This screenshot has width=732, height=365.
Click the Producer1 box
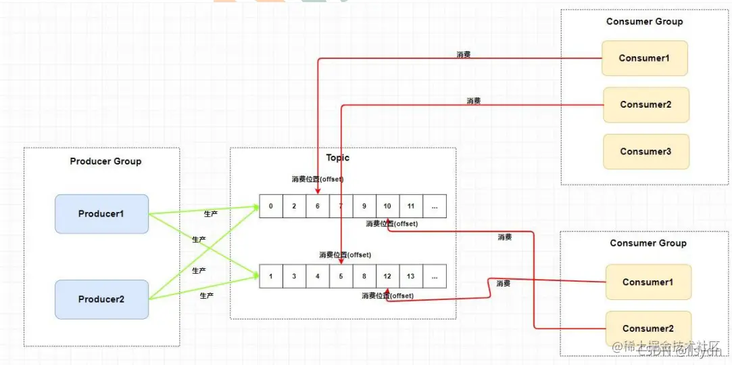click(101, 214)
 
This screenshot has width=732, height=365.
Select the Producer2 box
click(101, 299)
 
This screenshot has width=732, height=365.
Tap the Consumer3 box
click(645, 152)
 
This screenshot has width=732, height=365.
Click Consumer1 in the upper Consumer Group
click(644, 58)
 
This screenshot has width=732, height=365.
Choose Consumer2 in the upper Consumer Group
click(645, 105)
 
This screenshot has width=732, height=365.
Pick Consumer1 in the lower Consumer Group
click(648, 282)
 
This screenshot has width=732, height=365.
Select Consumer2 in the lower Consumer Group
click(648, 328)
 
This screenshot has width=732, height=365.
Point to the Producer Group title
click(105, 161)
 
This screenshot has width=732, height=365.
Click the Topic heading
click(338, 158)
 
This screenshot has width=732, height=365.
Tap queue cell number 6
click(318, 206)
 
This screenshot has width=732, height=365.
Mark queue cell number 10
click(387, 206)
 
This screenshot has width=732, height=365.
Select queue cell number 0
click(271, 206)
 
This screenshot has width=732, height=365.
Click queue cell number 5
click(341, 276)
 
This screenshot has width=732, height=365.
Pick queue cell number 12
click(387, 276)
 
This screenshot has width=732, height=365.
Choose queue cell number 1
click(271, 276)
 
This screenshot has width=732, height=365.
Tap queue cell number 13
click(411, 276)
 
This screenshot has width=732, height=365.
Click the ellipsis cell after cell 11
click(434, 206)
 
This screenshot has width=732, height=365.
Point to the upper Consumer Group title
click(644, 22)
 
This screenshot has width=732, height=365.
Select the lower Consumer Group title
click(648, 243)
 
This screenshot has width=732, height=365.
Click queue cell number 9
click(364, 206)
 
